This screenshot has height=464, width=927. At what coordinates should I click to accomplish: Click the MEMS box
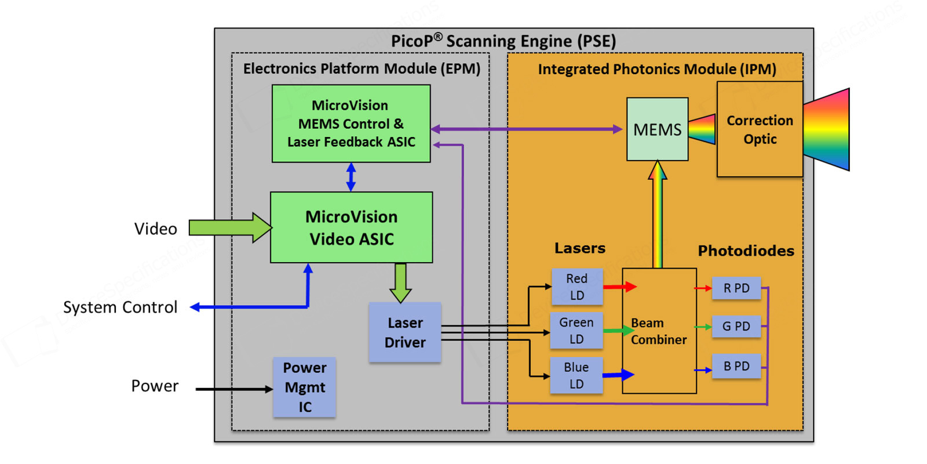657,129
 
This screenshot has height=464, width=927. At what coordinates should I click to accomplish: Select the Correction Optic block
760,129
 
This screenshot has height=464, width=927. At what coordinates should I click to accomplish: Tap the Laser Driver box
405,332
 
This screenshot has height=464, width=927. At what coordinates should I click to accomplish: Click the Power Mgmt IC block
304,387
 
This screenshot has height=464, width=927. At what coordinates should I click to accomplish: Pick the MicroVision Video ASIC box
351,227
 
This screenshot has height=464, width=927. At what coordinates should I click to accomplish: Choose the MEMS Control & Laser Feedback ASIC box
351,124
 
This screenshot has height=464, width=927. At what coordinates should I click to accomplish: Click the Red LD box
576,287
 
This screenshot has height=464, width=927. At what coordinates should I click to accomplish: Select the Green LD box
576,331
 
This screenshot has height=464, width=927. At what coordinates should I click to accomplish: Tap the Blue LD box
576,375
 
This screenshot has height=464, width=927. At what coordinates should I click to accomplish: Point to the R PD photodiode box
736,288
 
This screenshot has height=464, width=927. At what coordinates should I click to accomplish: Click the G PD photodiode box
736,327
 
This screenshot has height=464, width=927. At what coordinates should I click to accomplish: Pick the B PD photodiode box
736,366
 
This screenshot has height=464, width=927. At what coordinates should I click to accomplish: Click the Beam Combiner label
659,331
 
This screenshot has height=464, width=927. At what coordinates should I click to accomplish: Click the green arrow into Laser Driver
400,282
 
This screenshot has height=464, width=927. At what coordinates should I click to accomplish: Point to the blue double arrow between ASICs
351,177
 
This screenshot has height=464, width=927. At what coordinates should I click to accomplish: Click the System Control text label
120,307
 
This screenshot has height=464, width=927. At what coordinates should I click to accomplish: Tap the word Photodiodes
746,251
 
